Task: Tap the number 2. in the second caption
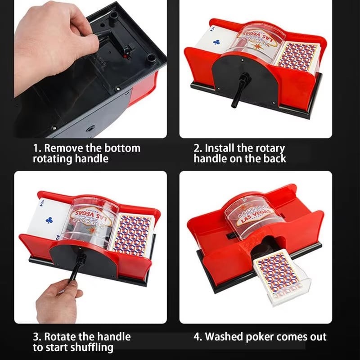pos(198,148)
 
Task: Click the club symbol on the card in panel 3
pos(49,220)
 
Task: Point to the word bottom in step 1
pos(122,148)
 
